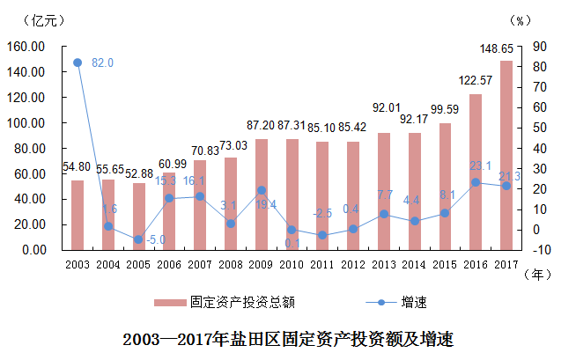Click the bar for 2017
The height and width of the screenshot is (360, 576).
point(506,155)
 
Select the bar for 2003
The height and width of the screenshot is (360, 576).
point(78,215)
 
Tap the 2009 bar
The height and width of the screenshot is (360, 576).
point(262,194)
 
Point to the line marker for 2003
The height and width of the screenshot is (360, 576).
point(78,62)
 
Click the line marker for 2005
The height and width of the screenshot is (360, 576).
point(139,239)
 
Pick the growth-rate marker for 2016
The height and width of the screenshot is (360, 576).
point(476,182)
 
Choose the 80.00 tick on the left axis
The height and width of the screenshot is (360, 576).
point(29,149)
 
